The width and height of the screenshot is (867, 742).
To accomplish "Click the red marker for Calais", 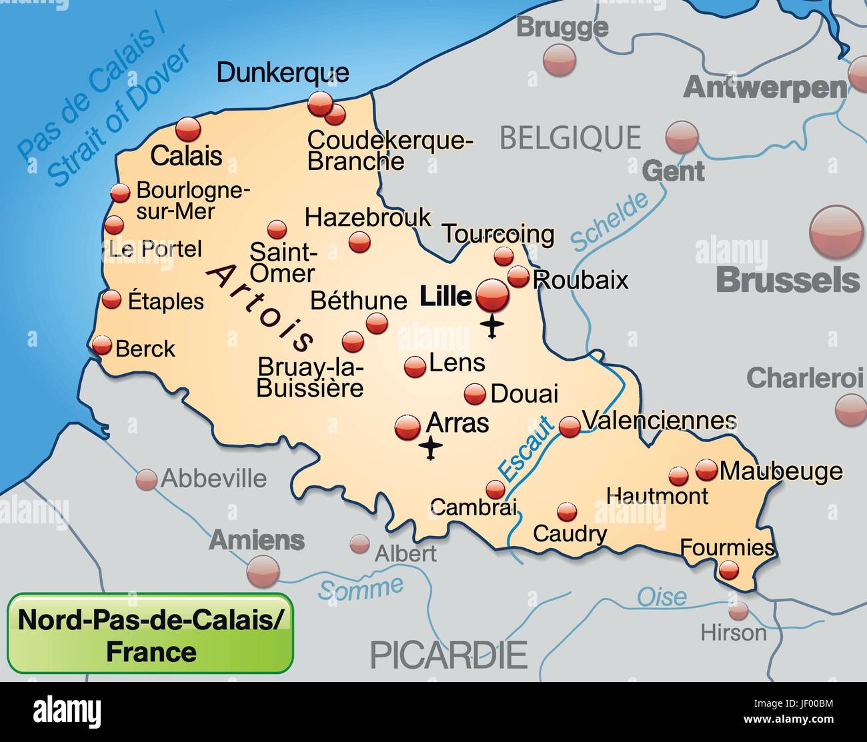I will click(x=188, y=129).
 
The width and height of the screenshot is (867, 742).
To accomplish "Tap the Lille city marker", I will click(x=493, y=295).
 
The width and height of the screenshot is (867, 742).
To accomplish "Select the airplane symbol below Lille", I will click(x=492, y=327).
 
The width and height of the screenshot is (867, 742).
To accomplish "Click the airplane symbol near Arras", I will click(x=432, y=449).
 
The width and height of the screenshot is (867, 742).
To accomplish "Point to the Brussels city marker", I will click(x=836, y=231).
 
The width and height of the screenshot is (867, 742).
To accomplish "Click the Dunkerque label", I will click(x=283, y=73).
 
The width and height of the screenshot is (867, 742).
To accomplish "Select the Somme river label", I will click(x=361, y=588).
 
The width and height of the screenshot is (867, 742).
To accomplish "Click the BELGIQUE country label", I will click(x=570, y=138).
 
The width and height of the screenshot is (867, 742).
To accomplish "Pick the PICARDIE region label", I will click(x=448, y=655).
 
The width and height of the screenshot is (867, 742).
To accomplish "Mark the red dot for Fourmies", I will click(x=728, y=570).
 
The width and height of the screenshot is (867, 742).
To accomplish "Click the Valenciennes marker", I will click(x=570, y=426).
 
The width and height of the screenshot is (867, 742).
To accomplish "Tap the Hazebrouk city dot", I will click(x=359, y=241).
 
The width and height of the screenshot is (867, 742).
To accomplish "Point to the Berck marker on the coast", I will click(x=102, y=345).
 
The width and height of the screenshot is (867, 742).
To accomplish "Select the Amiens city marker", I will click(x=263, y=571).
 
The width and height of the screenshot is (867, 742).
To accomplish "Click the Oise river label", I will click(x=661, y=597).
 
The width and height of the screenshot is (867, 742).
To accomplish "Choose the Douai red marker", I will click(x=475, y=393).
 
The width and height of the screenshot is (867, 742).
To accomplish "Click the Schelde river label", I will click(x=609, y=221).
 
